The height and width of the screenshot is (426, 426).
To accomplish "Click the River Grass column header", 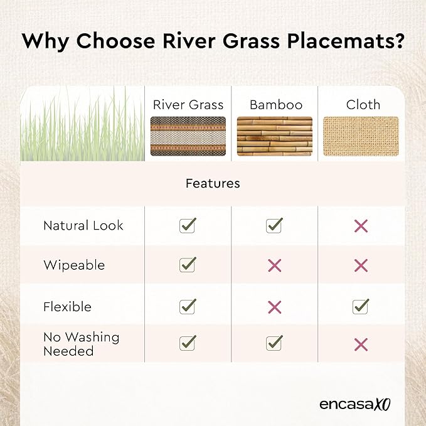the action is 188,105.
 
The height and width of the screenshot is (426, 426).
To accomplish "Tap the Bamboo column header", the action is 276,105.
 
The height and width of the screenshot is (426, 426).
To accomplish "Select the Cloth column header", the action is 363,105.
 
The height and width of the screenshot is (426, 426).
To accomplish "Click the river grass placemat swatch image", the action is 188,136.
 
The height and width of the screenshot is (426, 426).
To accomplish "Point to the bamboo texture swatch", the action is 275,136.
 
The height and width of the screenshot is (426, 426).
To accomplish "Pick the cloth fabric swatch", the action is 361,136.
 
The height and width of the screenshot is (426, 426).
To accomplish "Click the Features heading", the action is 213,183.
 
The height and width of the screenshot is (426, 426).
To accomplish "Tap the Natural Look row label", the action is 83,225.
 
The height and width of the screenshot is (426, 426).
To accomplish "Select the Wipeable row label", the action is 74,265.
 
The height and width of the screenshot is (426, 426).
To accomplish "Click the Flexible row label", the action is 67,307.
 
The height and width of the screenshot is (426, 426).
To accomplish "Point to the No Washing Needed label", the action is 81,344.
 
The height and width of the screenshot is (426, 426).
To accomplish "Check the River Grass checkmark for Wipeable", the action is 188,264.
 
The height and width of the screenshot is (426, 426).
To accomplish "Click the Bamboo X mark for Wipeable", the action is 274,265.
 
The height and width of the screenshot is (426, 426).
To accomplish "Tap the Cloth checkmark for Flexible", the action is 361,306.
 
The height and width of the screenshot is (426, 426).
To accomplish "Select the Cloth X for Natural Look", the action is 361,226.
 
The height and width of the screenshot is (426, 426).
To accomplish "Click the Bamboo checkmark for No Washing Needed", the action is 274,343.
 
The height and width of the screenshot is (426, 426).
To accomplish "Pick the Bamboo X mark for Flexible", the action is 274,307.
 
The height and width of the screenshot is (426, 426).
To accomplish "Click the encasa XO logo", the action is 355,405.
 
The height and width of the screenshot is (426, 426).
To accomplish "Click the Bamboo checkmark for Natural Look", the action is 274,225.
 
